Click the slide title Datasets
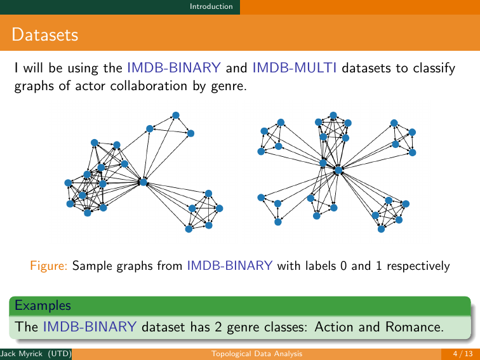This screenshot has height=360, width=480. (x=44, y=34)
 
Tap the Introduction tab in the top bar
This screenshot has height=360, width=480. (x=215, y=6)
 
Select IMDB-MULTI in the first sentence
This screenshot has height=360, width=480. (x=295, y=68)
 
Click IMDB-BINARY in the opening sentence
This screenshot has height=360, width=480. (x=174, y=68)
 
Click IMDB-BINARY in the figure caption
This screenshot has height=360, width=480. (x=230, y=265)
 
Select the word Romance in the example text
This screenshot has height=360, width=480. (x=411, y=328)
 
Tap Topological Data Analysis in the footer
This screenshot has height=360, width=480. (x=257, y=353)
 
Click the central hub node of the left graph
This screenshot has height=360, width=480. (x=143, y=182)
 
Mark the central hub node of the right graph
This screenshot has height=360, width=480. (x=338, y=170)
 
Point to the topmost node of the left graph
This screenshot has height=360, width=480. (x=176, y=115)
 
